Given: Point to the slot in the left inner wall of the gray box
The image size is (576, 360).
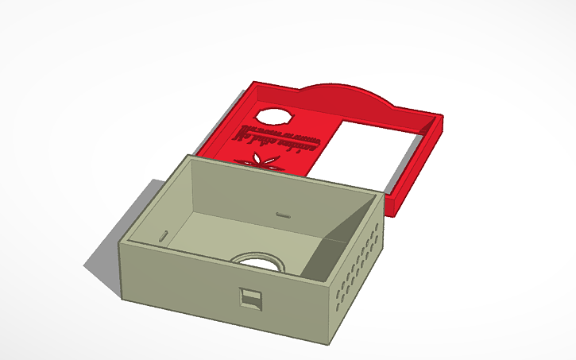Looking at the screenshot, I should coord(162,235).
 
